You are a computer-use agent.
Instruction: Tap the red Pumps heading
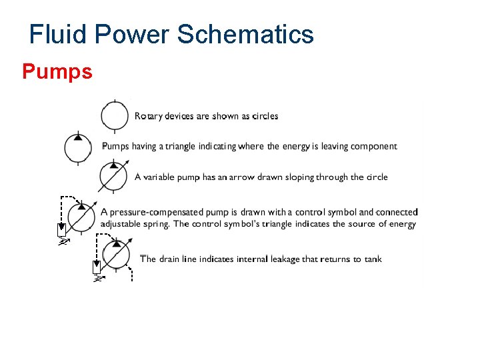[x=57, y=71]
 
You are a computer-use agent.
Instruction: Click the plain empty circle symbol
[x=115, y=115]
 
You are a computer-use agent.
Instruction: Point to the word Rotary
[x=150, y=116]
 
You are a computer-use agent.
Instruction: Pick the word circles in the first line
[x=265, y=116]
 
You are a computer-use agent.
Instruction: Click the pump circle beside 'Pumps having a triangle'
[x=78, y=147]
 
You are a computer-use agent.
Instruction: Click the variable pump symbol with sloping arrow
[x=113, y=176]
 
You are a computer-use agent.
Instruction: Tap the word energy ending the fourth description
[x=402, y=224]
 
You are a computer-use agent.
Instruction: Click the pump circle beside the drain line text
[x=117, y=255]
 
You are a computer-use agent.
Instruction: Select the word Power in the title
[x=137, y=34]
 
